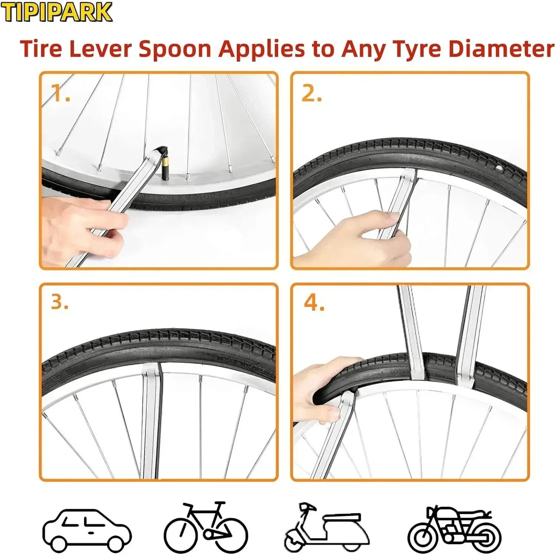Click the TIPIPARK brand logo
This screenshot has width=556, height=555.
point(56,12)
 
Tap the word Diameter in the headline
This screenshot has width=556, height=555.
point(501,49)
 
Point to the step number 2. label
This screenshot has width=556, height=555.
point(311,93)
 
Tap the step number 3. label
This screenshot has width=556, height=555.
point(60,302)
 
